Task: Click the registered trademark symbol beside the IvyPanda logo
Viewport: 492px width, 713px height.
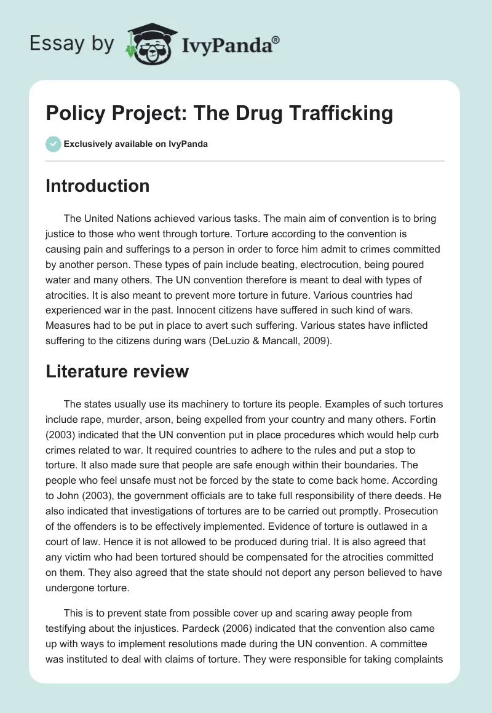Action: click(x=276, y=39)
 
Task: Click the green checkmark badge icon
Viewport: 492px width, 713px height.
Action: click(x=53, y=144)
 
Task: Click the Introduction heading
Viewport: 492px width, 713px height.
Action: click(x=97, y=186)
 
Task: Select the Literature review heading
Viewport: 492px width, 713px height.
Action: click(x=117, y=371)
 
